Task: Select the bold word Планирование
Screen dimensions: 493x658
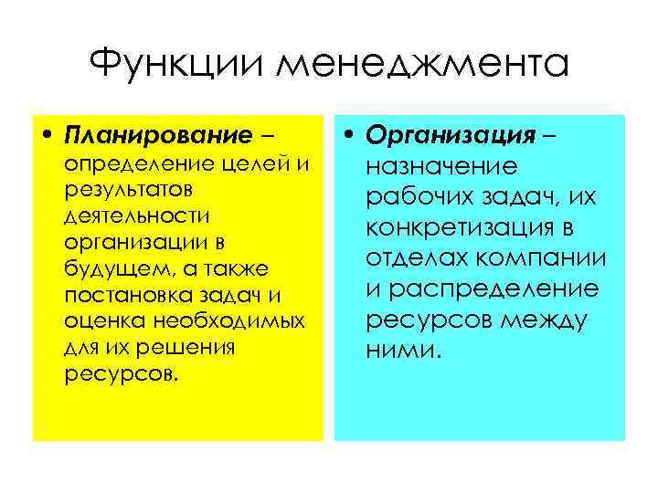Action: coord(158,138)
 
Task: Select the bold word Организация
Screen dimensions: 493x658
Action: coord(449,137)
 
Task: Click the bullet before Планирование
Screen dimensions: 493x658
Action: coord(48,138)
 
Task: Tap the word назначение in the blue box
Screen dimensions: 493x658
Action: coord(440,167)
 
